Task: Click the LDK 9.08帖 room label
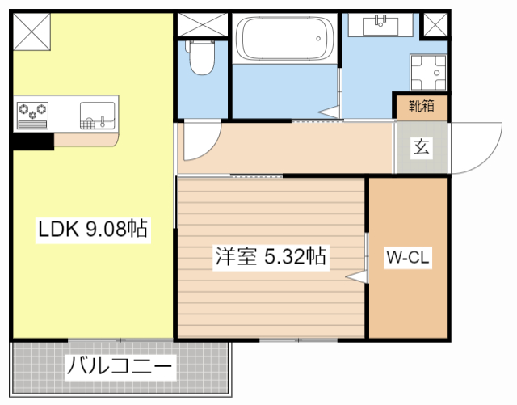point(93,230)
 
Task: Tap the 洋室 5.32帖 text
point(270,257)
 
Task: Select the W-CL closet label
point(408,258)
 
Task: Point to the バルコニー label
point(120,369)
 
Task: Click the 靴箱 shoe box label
point(420,105)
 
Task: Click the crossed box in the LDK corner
point(32,31)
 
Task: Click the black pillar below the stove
point(32,141)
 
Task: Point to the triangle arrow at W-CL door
point(356,276)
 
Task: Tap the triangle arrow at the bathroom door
point(329,111)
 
